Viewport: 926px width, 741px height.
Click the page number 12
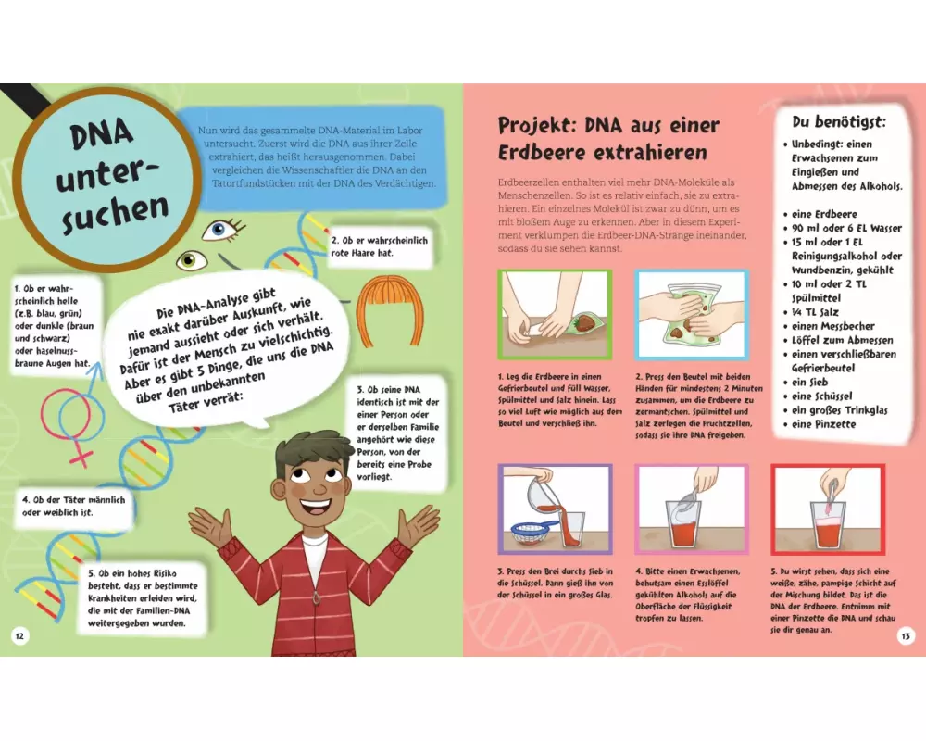point(19,636)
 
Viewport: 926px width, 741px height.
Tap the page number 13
point(906,636)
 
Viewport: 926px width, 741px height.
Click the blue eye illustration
point(222,230)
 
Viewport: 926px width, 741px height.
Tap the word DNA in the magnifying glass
point(100,134)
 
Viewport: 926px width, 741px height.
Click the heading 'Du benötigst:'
point(839,122)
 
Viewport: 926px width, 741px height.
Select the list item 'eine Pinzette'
point(823,423)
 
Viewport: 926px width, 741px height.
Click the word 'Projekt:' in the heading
point(537,125)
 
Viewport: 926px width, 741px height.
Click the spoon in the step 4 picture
point(689,500)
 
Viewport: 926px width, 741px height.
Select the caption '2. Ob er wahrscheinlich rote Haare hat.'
point(379,246)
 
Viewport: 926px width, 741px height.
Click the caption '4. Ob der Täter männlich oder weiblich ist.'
point(74,506)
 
